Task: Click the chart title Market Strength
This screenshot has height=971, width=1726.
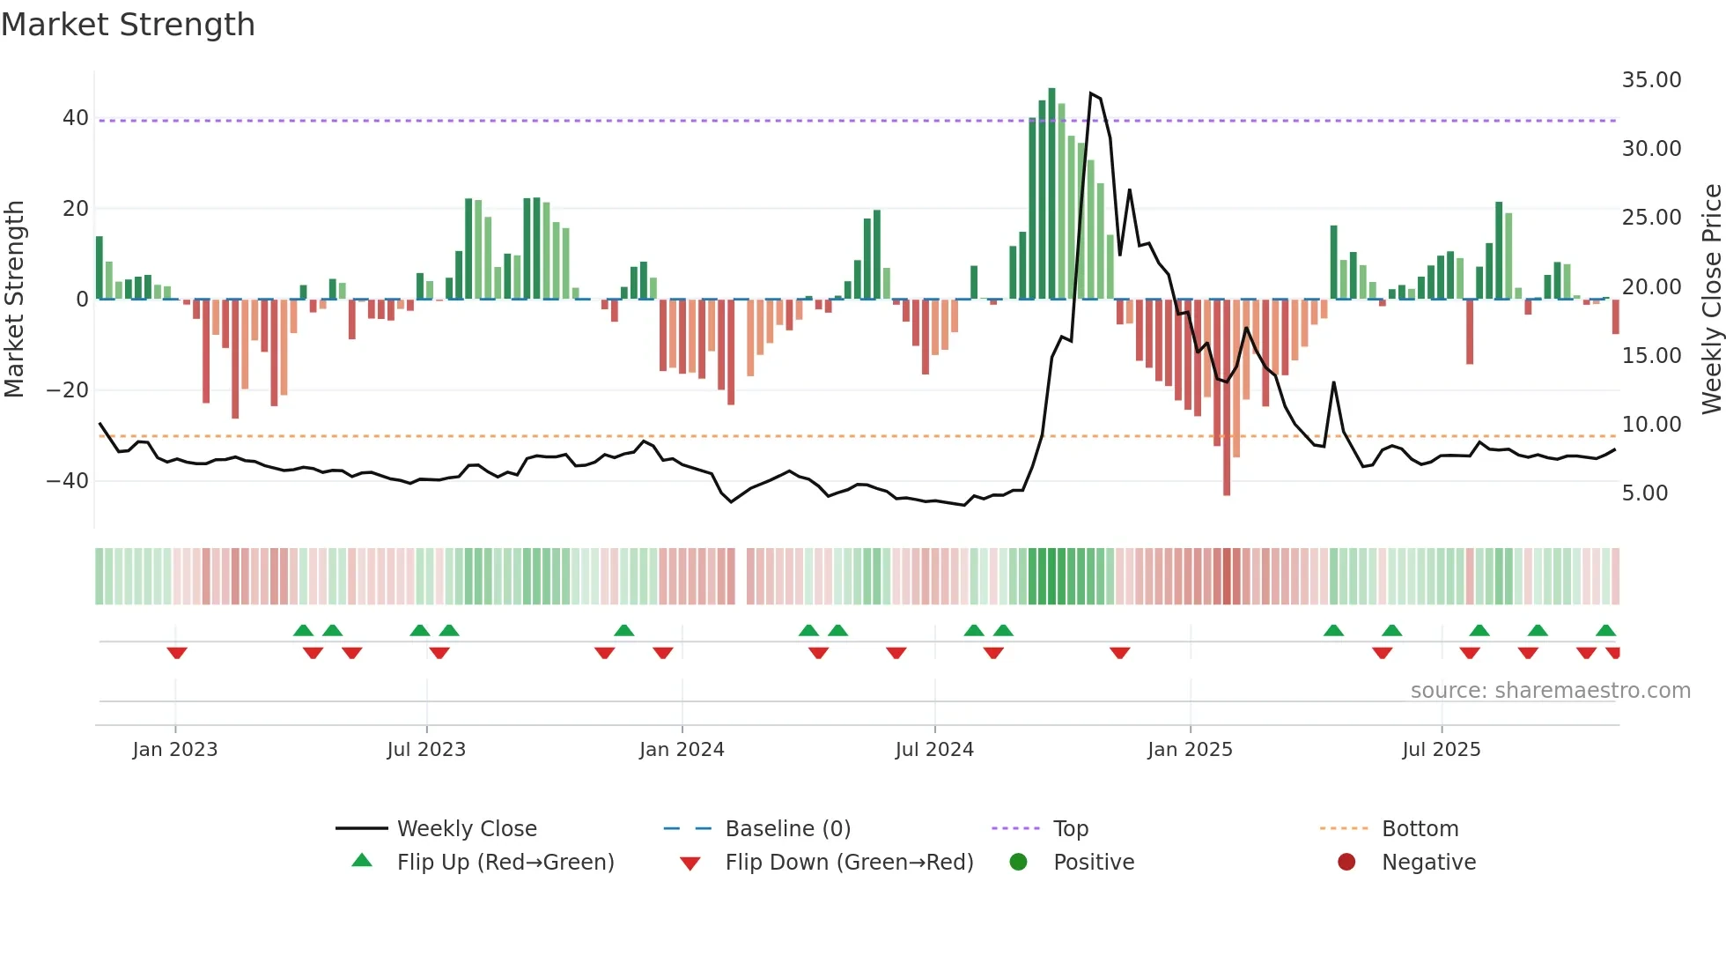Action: [x=128, y=25]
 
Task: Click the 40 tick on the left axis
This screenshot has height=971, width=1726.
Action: [x=75, y=118]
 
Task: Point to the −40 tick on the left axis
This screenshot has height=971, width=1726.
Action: [x=68, y=481]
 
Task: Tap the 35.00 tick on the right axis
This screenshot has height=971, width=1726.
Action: [x=1651, y=80]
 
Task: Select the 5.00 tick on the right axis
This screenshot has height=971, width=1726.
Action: [x=1644, y=493]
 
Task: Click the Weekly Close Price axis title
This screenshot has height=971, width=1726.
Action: [x=1711, y=299]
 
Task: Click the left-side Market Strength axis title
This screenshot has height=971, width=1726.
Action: [x=15, y=299]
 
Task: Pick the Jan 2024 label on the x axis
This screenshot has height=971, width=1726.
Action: [x=682, y=750]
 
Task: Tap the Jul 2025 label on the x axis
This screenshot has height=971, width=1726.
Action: [x=1441, y=750]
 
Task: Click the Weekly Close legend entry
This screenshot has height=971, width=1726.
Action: [x=466, y=829]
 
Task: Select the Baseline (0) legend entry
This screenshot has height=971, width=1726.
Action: [x=787, y=829]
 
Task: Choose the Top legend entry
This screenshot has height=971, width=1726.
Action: [x=1070, y=829]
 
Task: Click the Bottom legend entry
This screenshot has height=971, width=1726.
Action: [x=1420, y=829]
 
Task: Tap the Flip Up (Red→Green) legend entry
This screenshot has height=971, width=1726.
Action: [x=505, y=863]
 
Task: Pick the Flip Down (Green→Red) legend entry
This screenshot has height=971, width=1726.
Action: [x=849, y=863]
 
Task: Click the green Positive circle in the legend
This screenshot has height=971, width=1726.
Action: [x=1019, y=863]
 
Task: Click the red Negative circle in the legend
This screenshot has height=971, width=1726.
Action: [x=1346, y=863]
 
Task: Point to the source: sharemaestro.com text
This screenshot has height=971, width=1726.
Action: [x=1550, y=691]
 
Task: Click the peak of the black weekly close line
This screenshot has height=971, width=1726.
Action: [x=1091, y=93]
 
